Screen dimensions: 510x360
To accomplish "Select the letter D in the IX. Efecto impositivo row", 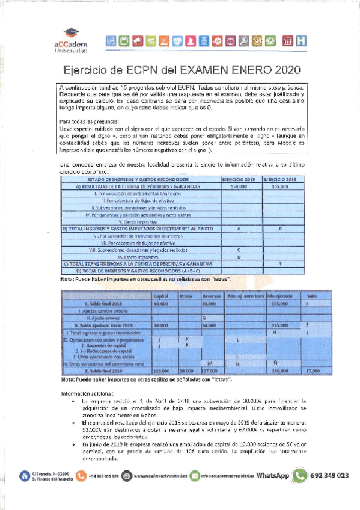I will coord(239,257).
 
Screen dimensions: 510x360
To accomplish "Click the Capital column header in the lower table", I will coord(161,296).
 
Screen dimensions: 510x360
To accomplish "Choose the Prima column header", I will coord(187,296).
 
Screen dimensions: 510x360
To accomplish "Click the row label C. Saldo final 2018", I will coord(100,303).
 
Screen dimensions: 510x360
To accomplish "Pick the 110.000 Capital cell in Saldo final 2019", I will coord(161,370).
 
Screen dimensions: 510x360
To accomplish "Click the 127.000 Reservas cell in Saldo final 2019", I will coord(209,370).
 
